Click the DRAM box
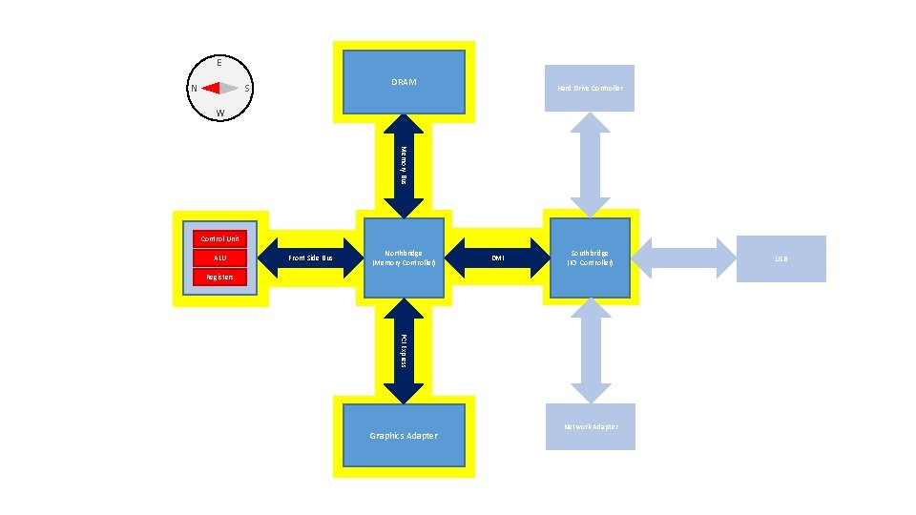pos(404,82)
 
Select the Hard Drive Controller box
pos(590,88)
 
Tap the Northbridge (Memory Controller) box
pos(404,257)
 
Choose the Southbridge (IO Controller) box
pos(590,257)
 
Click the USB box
pos(781,258)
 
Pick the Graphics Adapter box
pos(404,435)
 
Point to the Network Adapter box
pos(590,426)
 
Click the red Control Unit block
pos(219,238)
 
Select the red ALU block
pos(219,257)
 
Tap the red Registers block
pos(219,277)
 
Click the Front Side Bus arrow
pos(311,258)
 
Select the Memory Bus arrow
pos(404,165)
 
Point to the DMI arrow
pos(496,257)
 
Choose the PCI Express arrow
pos(404,351)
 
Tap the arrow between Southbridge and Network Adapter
pos(591,350)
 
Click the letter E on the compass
pos(219,63)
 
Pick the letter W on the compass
pos(219,113)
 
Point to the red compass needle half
pos(211,88)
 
